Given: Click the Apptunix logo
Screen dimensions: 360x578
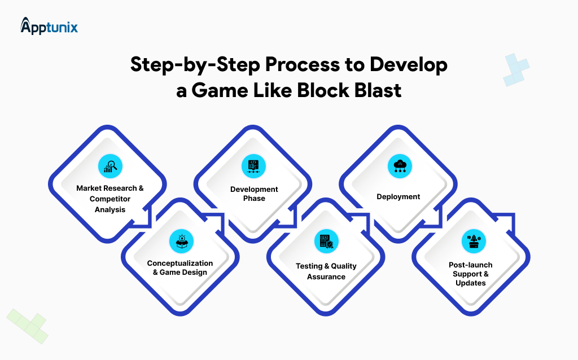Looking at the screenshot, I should coord(49,26).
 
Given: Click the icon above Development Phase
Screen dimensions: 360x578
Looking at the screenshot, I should coord(253,166).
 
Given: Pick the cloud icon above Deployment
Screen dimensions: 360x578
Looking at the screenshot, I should coord(399,166).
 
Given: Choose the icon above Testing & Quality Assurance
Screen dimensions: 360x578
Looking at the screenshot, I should coord(326,242).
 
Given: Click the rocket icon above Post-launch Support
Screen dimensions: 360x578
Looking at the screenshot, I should coord(470,242).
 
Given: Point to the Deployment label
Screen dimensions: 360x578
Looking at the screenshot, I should coord(399,197).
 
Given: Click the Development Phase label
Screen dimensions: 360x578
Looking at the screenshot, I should coord(254,194).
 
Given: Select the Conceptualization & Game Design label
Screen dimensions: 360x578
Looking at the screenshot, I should coord(180,267).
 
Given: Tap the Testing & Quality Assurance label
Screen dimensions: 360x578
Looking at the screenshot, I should coord(326,271).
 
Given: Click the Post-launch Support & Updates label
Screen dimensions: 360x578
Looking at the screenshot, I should coord(470,274).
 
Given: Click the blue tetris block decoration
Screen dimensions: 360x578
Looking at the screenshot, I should coord(516,70).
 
